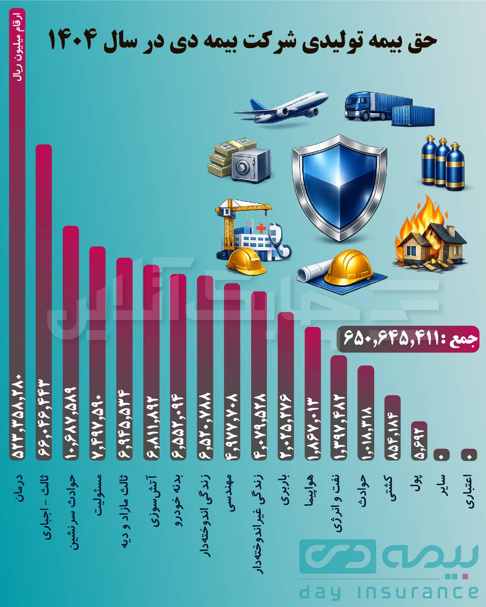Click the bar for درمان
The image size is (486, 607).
tap(17, 243)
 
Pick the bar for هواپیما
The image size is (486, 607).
tap(313, 393)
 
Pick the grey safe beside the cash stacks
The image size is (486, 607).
tap(251, 164)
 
